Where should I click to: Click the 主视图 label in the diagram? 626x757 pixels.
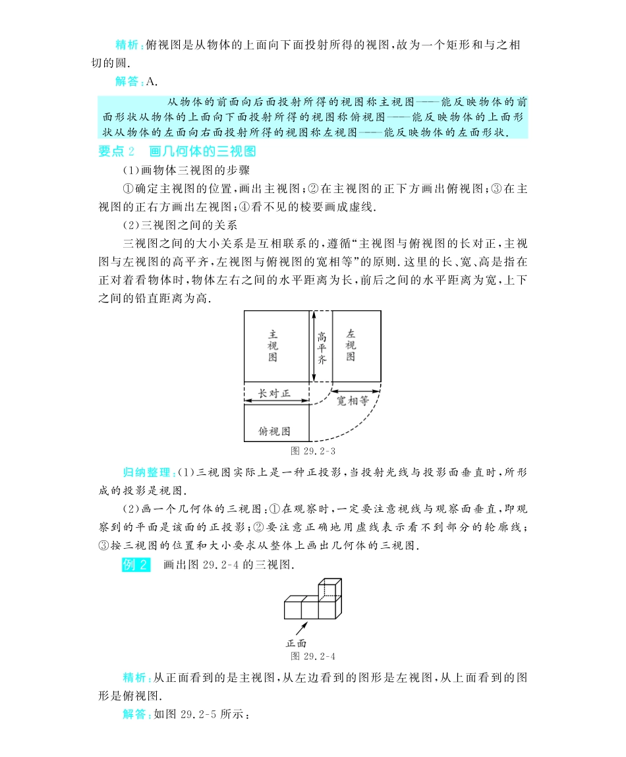[273, 345]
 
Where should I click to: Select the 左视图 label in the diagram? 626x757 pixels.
[351, 345]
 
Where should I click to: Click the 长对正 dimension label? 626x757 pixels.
[274, 393]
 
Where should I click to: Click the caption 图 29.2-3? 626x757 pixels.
[314, 451]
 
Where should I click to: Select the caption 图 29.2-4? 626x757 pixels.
[314, 656]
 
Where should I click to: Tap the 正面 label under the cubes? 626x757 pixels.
[296, 644]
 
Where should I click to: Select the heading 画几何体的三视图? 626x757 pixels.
[202, 152]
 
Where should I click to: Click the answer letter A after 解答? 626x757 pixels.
[152, 82]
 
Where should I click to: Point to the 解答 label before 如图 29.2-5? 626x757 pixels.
[136, 714]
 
